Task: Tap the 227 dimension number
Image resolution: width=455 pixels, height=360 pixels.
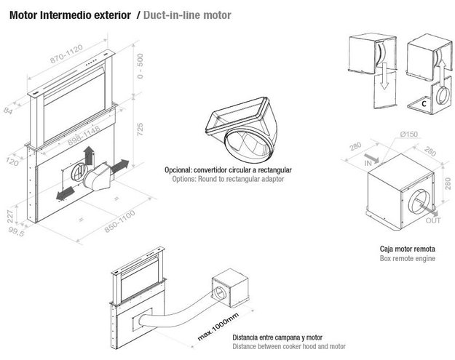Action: coord(12,216)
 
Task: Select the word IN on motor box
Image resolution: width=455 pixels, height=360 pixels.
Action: coord(368,164)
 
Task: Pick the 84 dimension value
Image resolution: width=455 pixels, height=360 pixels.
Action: coord(8,112)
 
